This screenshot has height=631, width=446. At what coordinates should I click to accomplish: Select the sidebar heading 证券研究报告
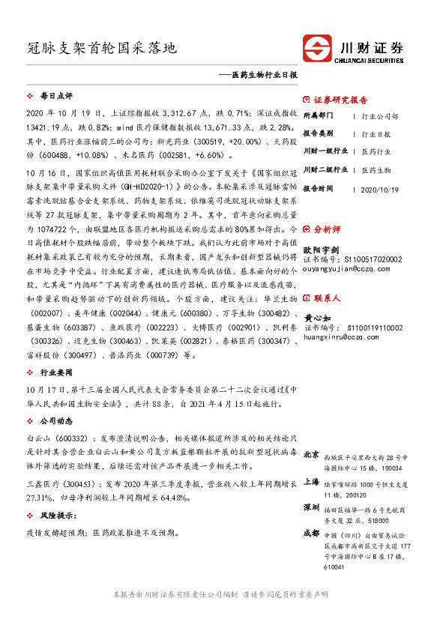coord(340,100)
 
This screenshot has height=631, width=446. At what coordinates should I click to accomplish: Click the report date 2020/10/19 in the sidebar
coord(382,189)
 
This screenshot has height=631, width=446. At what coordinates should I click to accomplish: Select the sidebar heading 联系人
coord(326,298)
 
